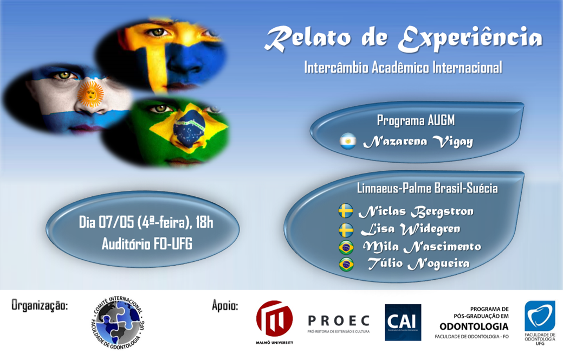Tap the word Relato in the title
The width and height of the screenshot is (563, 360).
[308, 39]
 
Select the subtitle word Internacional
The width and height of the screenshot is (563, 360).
[467, 68]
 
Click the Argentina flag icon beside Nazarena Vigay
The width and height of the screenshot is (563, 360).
[347, 142]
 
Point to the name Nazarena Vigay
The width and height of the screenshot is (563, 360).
[417, 142]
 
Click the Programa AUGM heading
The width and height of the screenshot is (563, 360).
[416, 120]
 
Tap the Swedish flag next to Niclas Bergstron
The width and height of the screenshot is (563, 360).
[346, 211]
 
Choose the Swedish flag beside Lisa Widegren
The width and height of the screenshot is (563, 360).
[346, 229]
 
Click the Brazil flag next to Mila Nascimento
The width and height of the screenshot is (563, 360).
[346, 247]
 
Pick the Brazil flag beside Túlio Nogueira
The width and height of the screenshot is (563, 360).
[346, 265]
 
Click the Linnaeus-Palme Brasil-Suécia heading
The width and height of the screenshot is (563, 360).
[427, 189]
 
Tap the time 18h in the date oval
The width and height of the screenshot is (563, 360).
[204, 222]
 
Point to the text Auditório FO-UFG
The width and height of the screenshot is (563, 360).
[147, 244]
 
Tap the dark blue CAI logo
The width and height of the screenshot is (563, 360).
[403, 322]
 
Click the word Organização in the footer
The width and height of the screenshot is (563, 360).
[40, 305]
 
